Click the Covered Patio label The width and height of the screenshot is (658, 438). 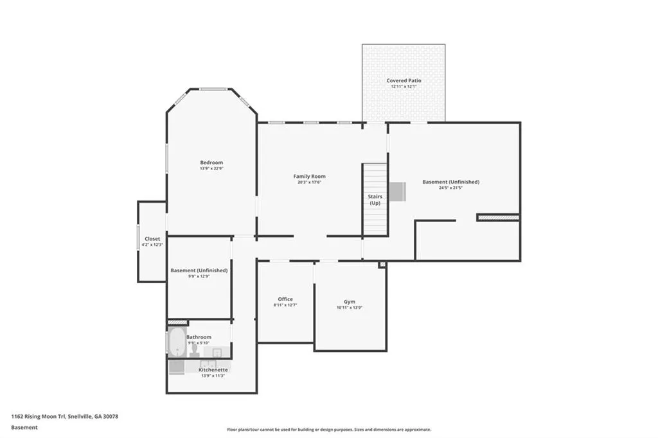point(404,80)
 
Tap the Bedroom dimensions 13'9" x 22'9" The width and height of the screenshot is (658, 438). point(211,169)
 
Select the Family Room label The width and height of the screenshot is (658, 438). point(309,177)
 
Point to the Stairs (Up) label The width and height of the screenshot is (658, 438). point(375,200)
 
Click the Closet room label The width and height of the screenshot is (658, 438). point(152,239)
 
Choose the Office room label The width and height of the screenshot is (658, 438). point(285,299)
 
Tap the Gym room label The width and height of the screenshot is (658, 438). point(350,302)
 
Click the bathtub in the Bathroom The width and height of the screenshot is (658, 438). point(177,342)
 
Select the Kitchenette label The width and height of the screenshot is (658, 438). point(213,370)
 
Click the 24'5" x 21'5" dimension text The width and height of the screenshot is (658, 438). point(450,188)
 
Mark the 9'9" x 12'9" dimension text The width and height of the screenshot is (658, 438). point(199,276)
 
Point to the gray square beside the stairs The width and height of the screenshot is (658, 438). point(397,191)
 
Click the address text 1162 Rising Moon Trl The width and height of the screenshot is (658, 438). point(38,417)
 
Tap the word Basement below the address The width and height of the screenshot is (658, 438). point(24,428)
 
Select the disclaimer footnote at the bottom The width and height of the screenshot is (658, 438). point(329,430)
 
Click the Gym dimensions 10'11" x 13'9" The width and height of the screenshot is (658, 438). point(350,308)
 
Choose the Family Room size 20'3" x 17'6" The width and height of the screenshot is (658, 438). point(309,182)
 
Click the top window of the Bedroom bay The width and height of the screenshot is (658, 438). point(213,89)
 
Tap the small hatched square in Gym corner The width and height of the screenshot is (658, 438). point(382,265)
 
